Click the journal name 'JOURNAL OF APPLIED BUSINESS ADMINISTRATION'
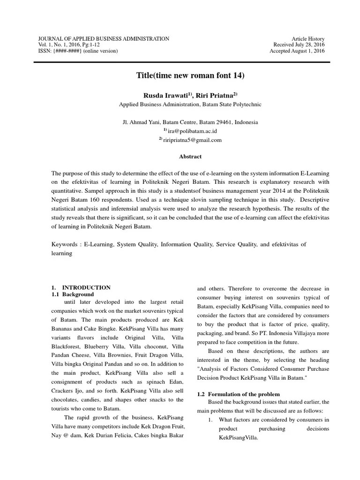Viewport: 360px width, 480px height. click(x=103, y=38)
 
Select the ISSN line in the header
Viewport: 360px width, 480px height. click(x=78, y=51)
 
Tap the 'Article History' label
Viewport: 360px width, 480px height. click(x=308, y=38)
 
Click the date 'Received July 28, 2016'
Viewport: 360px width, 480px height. click(x=299, y=45)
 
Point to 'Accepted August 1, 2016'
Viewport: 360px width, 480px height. click(x=297, y=51)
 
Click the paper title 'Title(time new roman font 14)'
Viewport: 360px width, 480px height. click(x=190, y=75)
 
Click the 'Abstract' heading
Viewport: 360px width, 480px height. click(x=190, y=157)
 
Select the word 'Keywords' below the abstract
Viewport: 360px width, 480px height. click(x=65, y=244)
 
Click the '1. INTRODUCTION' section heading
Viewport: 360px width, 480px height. click(x=81, y=287)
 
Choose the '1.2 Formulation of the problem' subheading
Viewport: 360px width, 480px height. click(x=238, y=394)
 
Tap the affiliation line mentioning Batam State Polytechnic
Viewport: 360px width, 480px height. click(x=190, y=105)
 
